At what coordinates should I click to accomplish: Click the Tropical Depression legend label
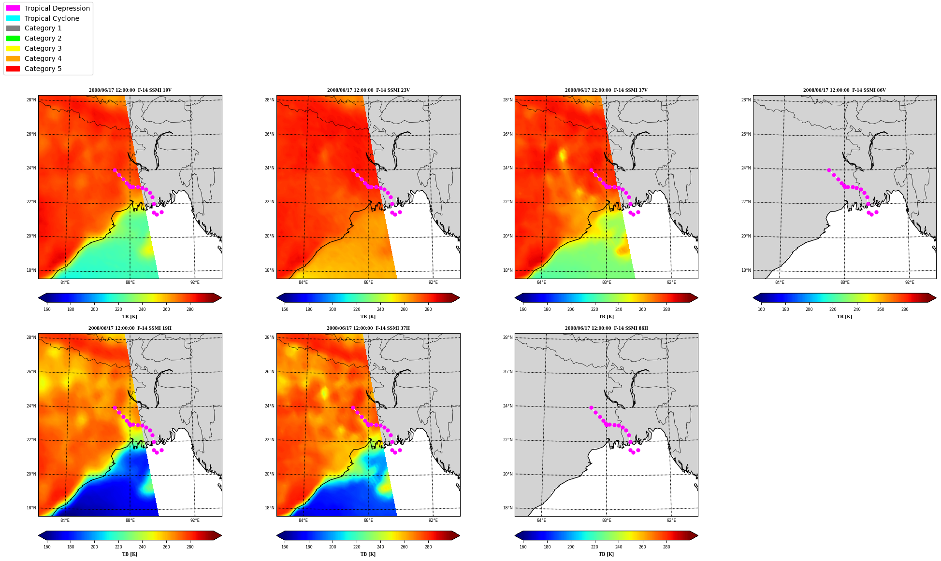coord(57,8)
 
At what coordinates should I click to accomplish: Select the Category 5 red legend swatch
coord(13,69)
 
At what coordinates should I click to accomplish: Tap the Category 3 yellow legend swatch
coord(13,48)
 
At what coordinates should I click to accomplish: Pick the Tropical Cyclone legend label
coord(52,18)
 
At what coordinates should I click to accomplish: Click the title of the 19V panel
coord(130,90)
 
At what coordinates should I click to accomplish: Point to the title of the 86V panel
coord(844,90)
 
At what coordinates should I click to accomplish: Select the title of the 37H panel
coord(368,328)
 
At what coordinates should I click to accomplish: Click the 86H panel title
coord(606,328)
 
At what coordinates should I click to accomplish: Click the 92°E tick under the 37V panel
coord(671,282)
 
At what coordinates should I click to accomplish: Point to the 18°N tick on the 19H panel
coord(31,508)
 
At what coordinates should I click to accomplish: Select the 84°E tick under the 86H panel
coord(541,520)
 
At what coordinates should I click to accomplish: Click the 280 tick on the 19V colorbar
coord(190,309)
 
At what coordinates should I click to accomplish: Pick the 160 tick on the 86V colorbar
coord(761,309)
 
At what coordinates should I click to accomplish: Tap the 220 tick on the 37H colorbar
coord(356,547)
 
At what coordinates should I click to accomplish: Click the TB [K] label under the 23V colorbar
coord(368,317)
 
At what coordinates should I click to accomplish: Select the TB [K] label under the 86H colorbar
coord(606,554)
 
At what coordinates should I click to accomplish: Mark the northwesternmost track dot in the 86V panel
coord(829,170)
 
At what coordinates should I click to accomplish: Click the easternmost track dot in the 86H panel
coord(638,450)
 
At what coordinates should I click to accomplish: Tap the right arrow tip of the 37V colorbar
coord(698,298)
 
